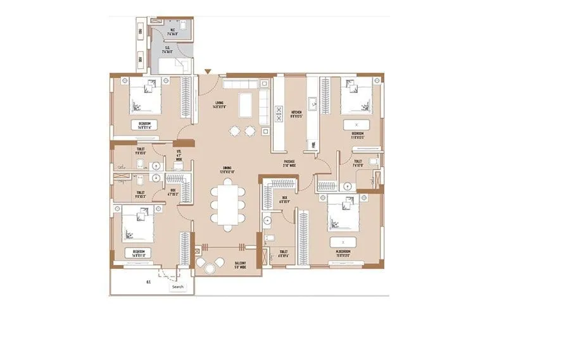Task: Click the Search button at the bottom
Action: click(x=178, y=287)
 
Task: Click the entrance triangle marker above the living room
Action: click(x=208, y=72)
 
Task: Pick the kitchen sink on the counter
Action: click(x=312, y=102)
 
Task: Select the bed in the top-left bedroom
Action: click(x=146, y=97)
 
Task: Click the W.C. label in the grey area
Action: click(x=172, y=29)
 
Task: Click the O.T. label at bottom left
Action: click(x=148, y=283)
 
